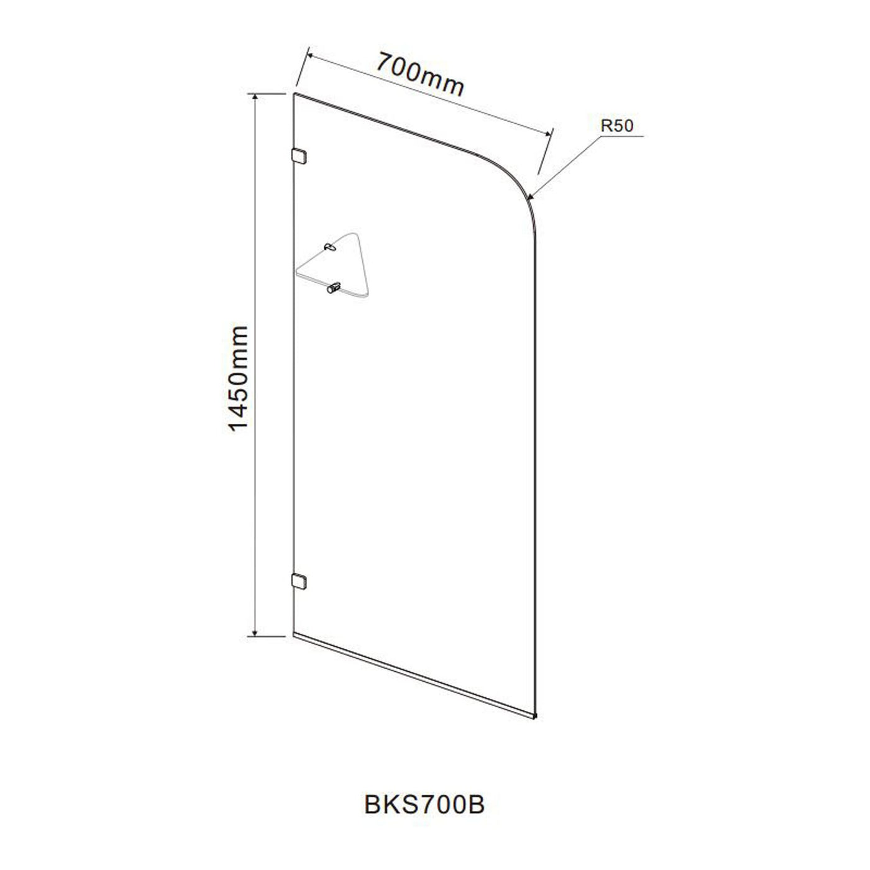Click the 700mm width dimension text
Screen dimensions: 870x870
pos(420,74)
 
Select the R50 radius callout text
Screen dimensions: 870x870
pos(616,126)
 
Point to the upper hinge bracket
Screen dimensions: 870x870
pos(299,156)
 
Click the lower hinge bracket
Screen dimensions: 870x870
pos(299,582)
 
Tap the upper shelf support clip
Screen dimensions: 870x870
pos(330,247)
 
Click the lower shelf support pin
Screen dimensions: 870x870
pos(333,287)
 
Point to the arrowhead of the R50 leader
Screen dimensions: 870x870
pos(531,196)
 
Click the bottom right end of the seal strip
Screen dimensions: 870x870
pos(535,717)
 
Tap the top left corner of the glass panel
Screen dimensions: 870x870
pos(294,94)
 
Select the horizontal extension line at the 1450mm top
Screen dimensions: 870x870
pos(267,93)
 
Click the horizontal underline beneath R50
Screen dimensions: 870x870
pos(622,136)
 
